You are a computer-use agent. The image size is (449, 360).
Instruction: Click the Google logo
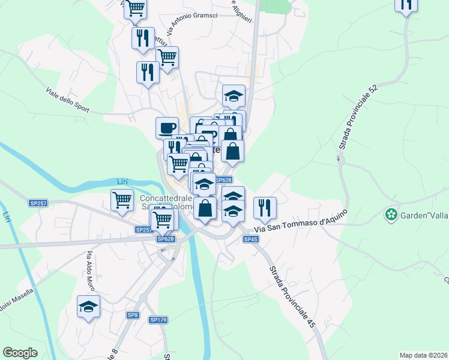point(20,353)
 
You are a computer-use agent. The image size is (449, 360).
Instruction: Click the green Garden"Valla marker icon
point(391,214)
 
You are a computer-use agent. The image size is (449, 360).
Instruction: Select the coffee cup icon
point(167,127)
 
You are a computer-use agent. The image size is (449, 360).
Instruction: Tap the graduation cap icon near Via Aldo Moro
point(89,307)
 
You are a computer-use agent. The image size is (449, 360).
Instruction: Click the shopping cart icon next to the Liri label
point(122,200)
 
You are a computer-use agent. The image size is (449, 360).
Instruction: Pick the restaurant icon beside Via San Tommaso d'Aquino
point(265,208)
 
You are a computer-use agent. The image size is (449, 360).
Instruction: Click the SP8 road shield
point(133,315)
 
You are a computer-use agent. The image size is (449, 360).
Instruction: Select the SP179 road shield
point(158,320)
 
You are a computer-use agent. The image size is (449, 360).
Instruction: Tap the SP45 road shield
point(251,239)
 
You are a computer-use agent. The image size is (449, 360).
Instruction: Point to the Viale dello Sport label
point(67,100)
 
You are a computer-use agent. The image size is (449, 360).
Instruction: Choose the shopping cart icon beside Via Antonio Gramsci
point(167,58)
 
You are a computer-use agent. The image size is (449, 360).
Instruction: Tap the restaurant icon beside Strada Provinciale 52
point(406,5)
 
